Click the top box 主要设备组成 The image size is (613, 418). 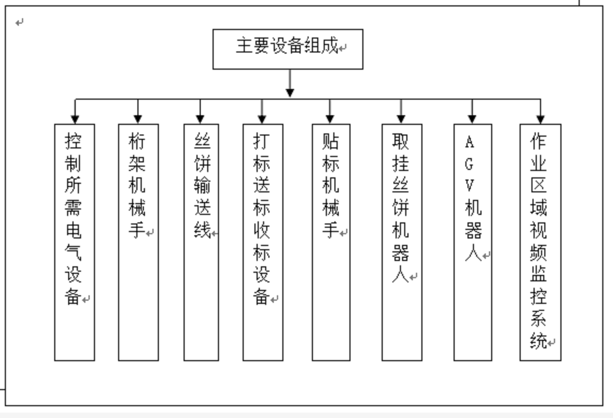[288, 49]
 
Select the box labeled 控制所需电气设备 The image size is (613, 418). [74, 242]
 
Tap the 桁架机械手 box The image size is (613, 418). [138, 242]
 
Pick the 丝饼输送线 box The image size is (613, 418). [201, 242]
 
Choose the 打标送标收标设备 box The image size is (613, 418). [262, 242]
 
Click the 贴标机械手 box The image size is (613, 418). [331, 242]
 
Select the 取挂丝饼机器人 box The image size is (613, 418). [402, 242]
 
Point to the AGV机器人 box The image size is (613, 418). [473, 242]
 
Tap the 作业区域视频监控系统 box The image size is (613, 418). [541, 242]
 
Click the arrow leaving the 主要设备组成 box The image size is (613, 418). [290, 83]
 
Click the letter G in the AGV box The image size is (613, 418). [469, 164]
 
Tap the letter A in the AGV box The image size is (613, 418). [470, 142]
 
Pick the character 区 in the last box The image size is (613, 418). [538, 185]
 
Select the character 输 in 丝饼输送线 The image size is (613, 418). [202, 185]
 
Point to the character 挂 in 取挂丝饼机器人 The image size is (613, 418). [400, 163]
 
